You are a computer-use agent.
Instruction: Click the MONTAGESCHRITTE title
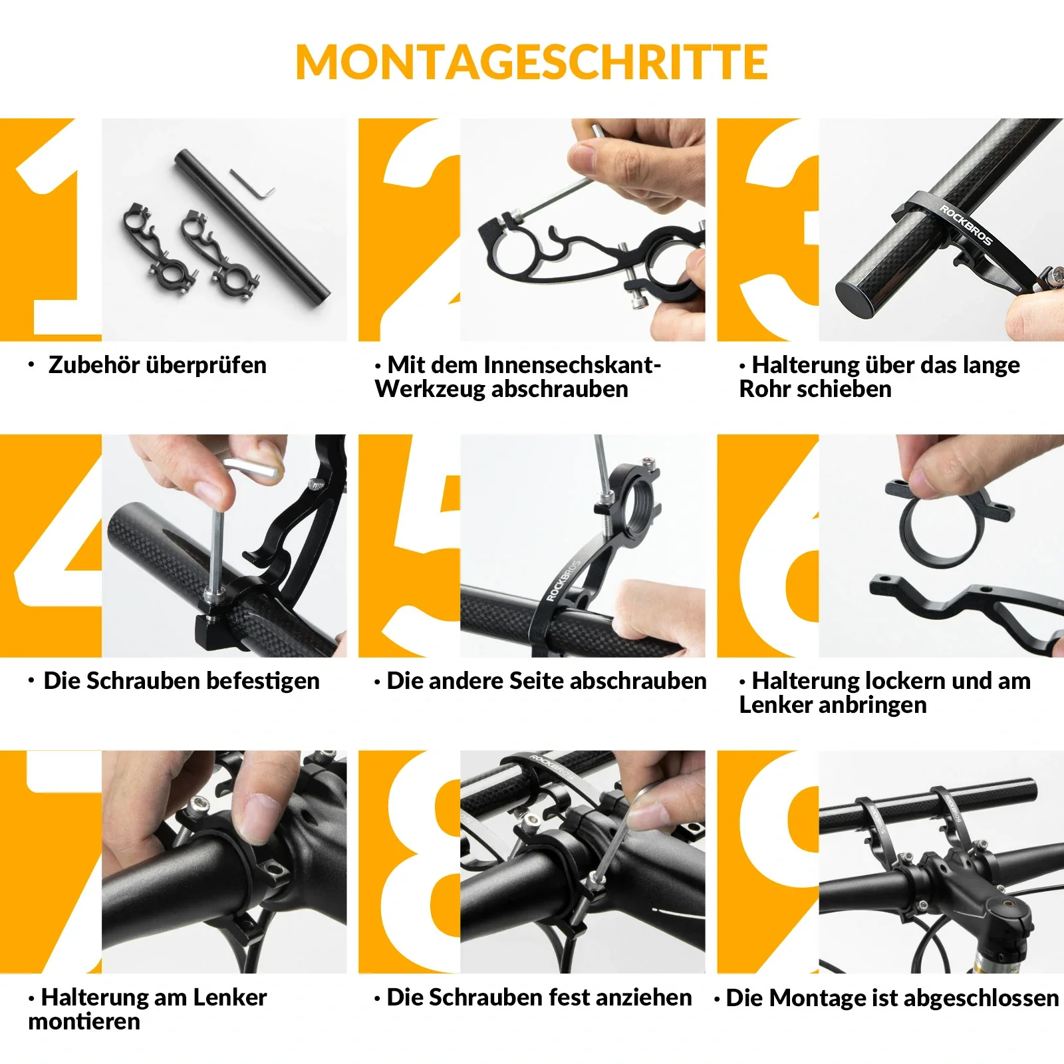pos(531,63)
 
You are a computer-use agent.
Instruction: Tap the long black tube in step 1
pos(253,226)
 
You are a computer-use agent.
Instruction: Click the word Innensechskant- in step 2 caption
pos(571,365)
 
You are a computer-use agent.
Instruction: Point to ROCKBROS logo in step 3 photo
pos(965,225)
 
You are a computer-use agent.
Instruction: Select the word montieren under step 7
pos(84,1021)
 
